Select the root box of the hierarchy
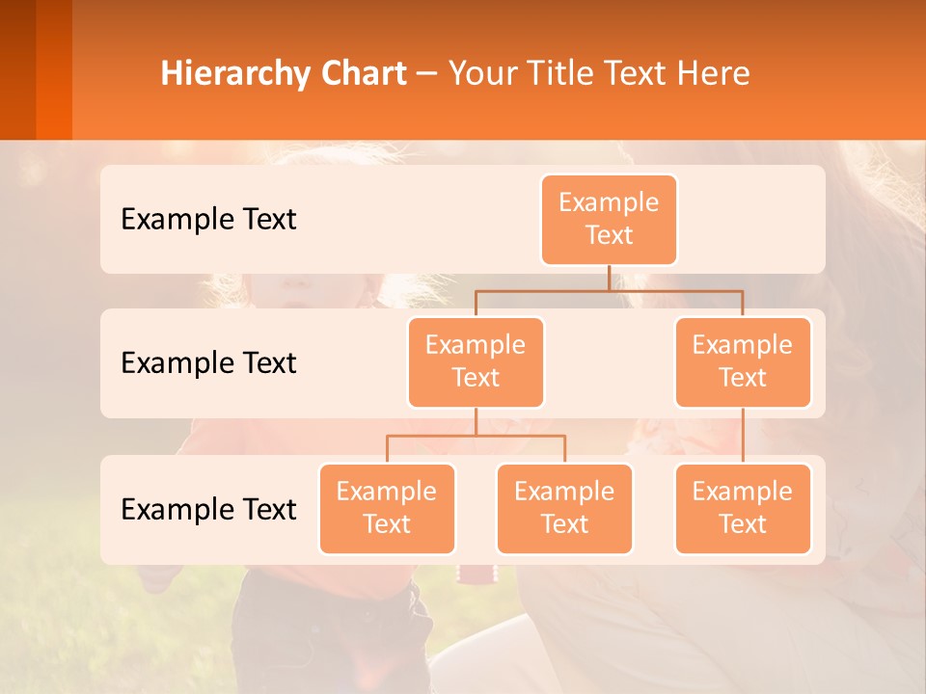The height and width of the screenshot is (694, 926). click(x=609, y=220)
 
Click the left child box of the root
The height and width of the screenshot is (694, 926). click(x=476, y=362)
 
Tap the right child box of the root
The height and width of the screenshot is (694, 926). click(x=743, y=362)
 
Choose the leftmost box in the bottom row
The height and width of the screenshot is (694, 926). click(x=387, y=509)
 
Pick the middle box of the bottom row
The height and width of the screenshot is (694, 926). click(x=564, y=509)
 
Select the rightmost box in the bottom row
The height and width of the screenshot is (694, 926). click(x=743, y=509)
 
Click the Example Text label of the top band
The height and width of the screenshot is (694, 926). click(x=208, y=220)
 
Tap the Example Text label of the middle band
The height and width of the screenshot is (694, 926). click(x=208, y=363)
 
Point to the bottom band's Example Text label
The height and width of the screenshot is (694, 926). click(x=208, y=510)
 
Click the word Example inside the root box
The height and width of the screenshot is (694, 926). click(x=609, y=203)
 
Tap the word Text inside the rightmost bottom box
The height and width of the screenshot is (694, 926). click(x=743, y=525)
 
